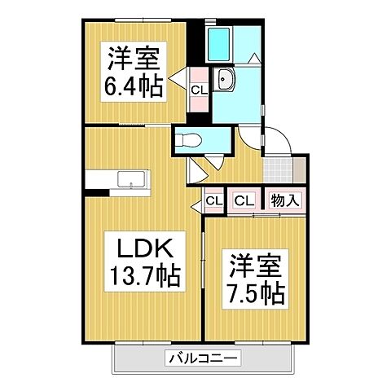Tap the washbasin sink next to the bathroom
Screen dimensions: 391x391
(x=226, y=80)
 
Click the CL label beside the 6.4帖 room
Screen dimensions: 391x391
(x=198, y=90)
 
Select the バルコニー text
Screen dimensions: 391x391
(x=203, y=357)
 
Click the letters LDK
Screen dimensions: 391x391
(x=143, y=247)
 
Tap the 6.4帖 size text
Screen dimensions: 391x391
(x=134, y=85)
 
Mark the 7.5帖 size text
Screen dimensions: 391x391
(x=255, y=292)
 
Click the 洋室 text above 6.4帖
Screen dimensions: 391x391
(x=134, y=59)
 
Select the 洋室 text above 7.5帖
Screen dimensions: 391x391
(x=255, y=266)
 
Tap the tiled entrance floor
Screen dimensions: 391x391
(x=278, y=170)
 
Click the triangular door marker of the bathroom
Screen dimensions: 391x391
(x=254, y=59)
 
